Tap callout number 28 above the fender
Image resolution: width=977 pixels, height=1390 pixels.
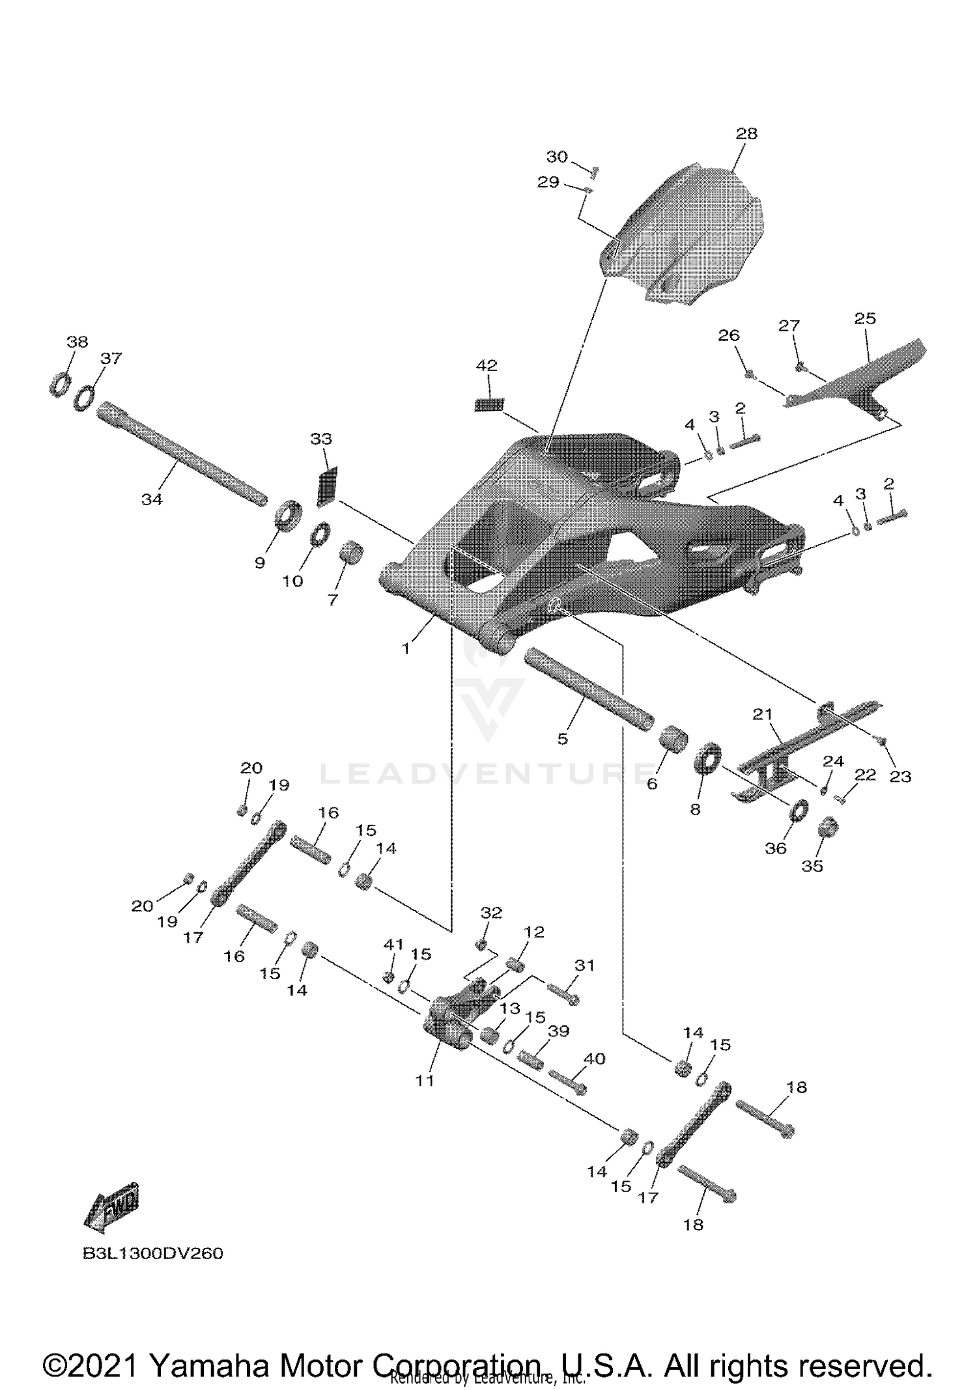746,133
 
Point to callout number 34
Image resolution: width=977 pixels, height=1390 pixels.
152,499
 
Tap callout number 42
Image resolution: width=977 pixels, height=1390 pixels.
487,366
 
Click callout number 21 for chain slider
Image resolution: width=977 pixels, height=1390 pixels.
762,714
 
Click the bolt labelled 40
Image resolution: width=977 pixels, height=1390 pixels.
567,1082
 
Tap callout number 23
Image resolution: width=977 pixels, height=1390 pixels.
900,776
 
